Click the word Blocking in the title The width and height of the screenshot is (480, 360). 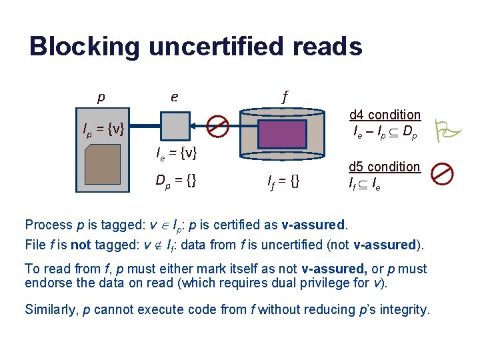[x=85, y=47]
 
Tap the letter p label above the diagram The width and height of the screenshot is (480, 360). [x=101, y=97]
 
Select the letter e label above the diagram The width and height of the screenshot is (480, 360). [x=174, y=97]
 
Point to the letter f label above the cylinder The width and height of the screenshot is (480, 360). [x=285, y=97]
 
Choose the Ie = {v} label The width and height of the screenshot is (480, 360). [x=176, y=154]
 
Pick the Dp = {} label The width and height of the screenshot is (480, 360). [x=175, y=180]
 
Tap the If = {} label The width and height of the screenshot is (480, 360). [x=283, y=181]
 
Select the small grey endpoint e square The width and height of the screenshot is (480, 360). [x=176, y=126]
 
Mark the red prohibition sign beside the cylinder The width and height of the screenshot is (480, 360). [x=217, y=126]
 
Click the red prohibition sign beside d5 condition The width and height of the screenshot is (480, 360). [x=442, y=174]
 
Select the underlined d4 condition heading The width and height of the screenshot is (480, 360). [x=385, y=115]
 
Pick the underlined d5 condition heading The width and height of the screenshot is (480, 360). [x=385, y=167]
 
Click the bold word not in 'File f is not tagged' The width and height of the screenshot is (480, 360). [x=80, y=245]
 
